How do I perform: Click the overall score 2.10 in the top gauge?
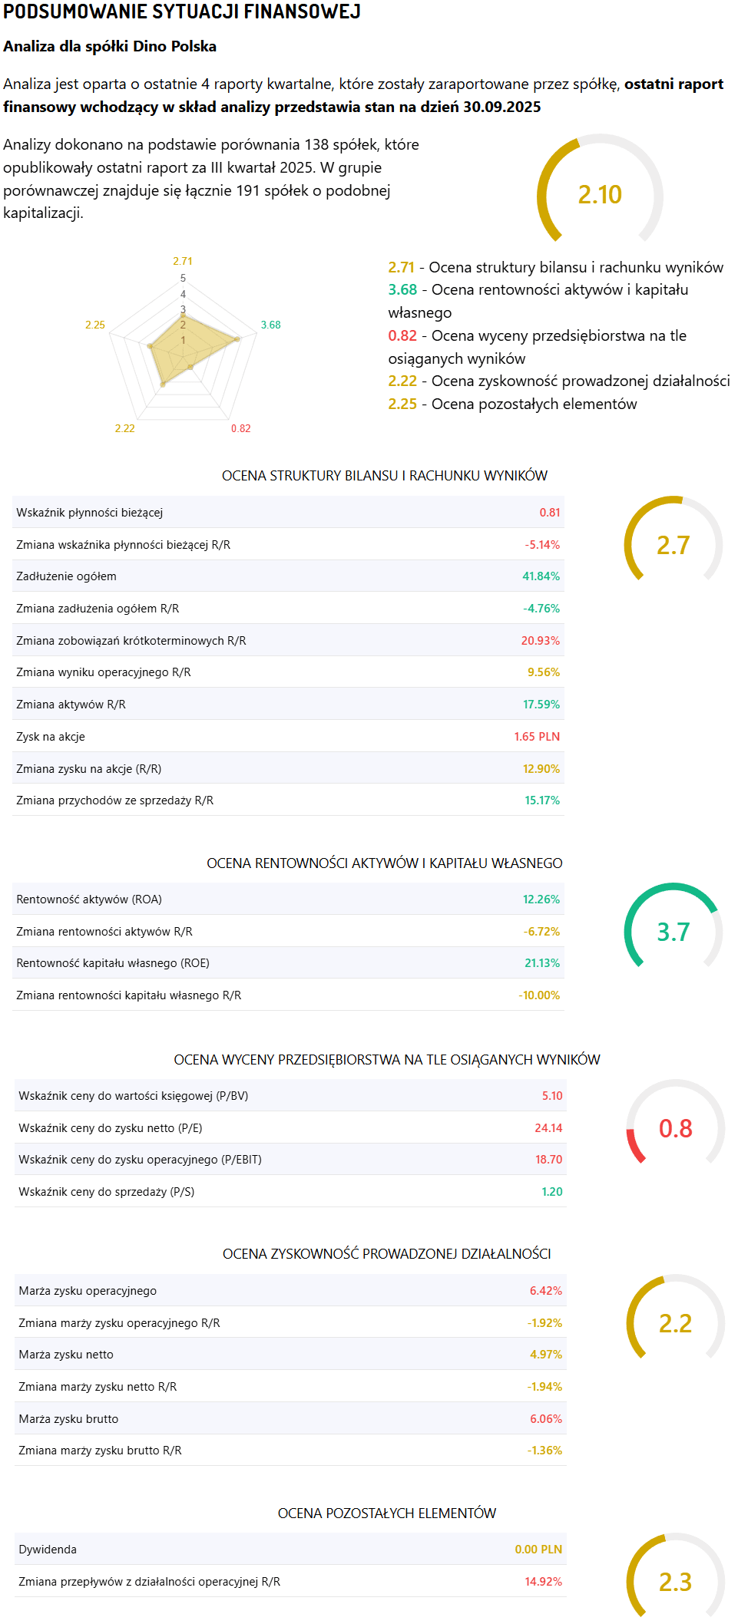tap(600, 195)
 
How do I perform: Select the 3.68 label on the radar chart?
tap(270, 325)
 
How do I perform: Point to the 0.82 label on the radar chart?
tap(240, 428)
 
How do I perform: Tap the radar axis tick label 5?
tap(183, 278)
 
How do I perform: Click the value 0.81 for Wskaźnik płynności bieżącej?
tap(549, 513)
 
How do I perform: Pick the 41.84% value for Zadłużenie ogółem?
tap(541, 576)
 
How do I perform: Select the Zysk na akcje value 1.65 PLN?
tap(537, 737)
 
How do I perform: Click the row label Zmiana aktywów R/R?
tap(71, 705)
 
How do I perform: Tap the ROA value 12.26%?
tap(541, 899)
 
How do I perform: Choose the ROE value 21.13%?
tap(541, 963)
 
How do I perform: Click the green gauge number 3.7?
tap(673, 932)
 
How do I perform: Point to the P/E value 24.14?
tap(548, 1128)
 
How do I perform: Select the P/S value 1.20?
tap(551, 1192)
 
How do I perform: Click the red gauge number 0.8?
tap(675, 1128)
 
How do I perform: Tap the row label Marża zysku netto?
tap(66, 1355)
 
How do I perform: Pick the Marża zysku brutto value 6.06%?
tap(545, 1419)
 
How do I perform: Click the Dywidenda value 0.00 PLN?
tap(538, 1550)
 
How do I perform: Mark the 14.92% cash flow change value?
tap(543, 1582)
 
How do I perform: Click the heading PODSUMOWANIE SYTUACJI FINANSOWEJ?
tap(182, 12)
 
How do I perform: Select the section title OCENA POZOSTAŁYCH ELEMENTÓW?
tap(386, 1513)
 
